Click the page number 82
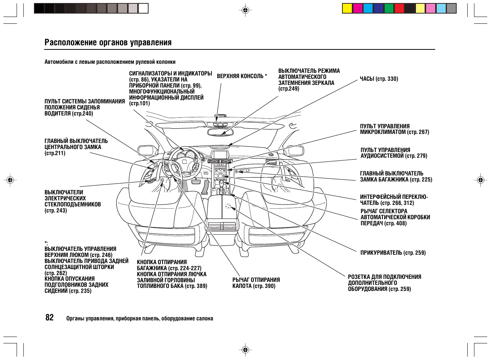point(49,318)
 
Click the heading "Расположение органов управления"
point(108,42)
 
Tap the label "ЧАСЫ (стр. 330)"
point(379,79)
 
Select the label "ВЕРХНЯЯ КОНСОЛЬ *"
point(242,76)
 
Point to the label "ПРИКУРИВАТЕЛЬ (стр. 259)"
point(393,253)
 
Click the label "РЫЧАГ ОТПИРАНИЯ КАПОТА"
point(256,283)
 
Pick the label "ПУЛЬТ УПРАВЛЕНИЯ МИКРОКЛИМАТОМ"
point(394,129)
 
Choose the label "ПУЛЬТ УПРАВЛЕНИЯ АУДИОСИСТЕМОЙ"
point(393,153)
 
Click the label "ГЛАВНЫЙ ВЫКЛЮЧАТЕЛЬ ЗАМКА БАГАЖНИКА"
point(396,177)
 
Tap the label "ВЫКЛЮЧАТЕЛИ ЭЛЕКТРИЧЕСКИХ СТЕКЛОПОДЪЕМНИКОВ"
point(72,202)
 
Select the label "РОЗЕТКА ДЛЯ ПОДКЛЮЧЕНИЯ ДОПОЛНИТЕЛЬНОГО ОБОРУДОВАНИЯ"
point(384,283)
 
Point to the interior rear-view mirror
point(222,132)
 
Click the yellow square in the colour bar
point(347,8)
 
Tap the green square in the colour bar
point(389,8)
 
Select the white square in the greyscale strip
point(143,8)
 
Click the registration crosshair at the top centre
point(245,10)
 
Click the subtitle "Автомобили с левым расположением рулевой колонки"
point(110,62)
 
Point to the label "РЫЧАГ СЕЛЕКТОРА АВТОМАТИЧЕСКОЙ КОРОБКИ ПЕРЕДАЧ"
point(395,217)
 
